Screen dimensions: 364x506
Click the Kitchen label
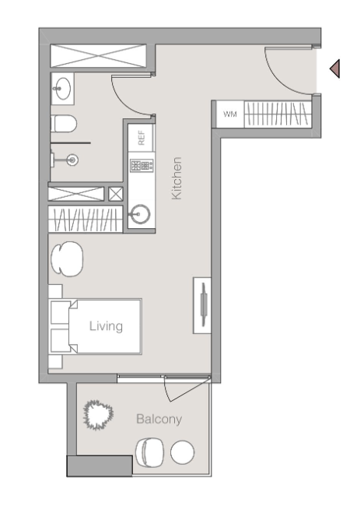177,178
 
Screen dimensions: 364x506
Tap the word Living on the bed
106,326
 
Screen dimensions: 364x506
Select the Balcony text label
159,419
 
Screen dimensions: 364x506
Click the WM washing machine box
230,114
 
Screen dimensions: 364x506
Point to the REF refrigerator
141,138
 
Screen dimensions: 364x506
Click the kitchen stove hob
142,166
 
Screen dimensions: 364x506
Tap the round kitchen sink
140,214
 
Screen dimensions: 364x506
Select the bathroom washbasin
62,89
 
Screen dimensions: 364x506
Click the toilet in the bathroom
64,124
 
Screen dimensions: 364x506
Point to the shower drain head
72,160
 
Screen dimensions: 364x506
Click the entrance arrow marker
334,69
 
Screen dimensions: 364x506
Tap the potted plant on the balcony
98,415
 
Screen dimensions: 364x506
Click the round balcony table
182,452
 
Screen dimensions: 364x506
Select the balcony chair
149,452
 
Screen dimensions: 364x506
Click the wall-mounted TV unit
202,305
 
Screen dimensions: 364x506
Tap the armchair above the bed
67,258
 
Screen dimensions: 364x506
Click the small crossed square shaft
115,194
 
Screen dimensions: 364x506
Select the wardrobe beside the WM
278,114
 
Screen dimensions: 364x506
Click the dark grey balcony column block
100,466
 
